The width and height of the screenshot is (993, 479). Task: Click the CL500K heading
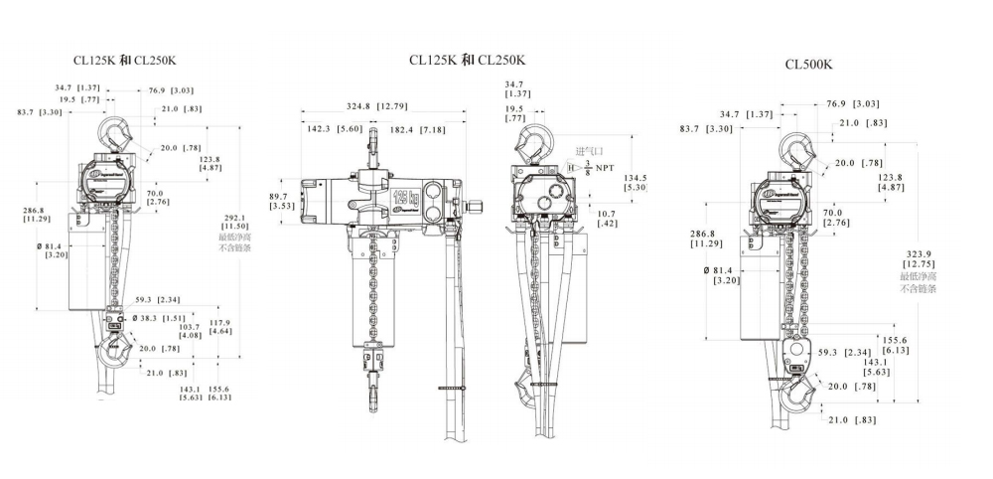click(x=808, y=65)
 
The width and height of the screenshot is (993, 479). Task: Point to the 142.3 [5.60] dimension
click(x=322, y=129)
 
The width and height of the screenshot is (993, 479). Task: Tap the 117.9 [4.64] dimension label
click(x=220, y=327)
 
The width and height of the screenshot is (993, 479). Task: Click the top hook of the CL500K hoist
click(x=800, y=149)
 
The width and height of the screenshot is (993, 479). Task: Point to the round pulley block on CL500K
click(x=794, y=354)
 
